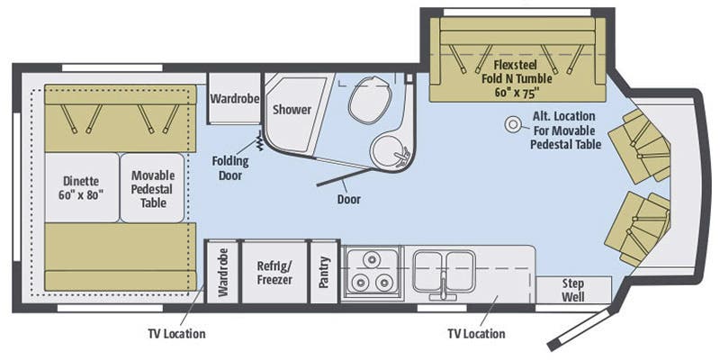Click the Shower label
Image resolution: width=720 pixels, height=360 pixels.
click(x=292, y=110)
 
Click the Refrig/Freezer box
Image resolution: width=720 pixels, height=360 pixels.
click(x=274, y=273)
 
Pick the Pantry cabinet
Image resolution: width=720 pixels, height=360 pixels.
click(x=324, y=273)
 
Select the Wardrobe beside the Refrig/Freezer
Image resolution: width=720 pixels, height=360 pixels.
click(x=221, y=273)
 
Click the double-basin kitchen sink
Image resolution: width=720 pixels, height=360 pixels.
click(x=444, y=270)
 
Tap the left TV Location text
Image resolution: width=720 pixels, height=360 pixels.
click(x=176, y=334)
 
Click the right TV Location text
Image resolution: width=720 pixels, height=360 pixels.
click(x=476, y=334)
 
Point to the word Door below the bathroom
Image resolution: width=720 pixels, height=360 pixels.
click(x=348, y=199)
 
